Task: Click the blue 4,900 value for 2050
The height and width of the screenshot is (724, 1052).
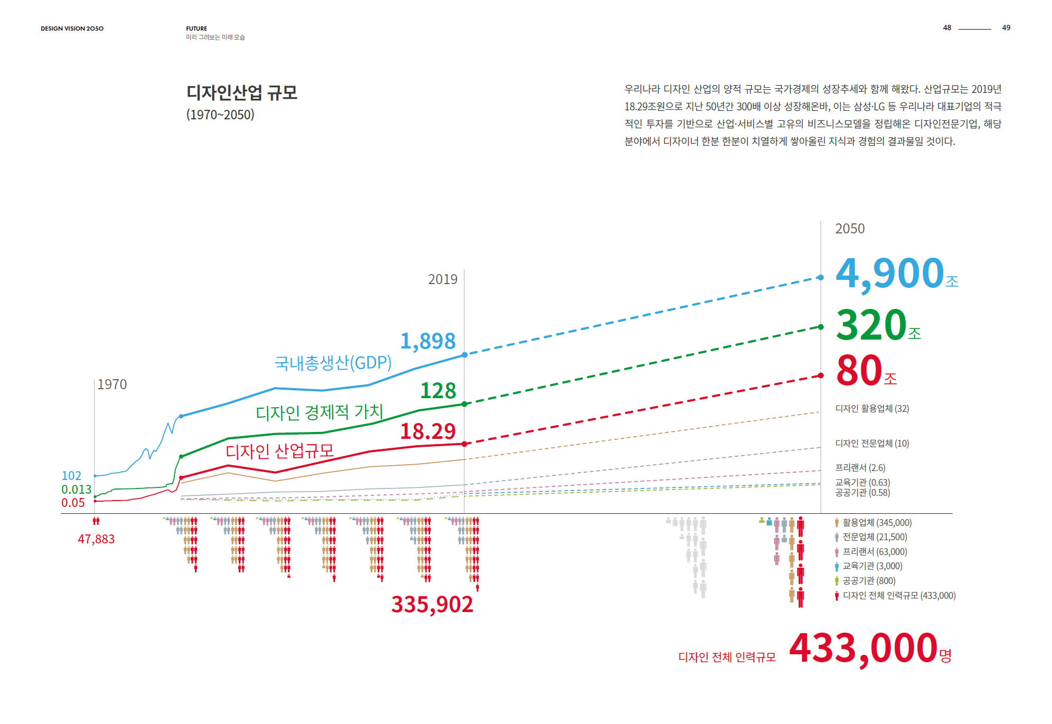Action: (x=890, y=274)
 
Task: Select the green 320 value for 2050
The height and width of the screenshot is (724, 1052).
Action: (x=871, y=325)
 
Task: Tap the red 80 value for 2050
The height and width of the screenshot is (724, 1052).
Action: (x=859, y=371)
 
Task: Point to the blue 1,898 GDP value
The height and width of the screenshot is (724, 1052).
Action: (x=427, y=342)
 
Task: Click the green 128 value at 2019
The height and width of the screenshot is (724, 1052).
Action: (x=437, y=391)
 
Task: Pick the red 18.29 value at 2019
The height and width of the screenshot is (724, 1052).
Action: (x=427, y=431)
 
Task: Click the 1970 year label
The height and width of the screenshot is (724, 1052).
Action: (x=112, y=384)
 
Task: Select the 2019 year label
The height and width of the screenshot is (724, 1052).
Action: (x=442, y=279)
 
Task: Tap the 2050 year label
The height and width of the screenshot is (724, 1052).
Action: (x=850, y=229)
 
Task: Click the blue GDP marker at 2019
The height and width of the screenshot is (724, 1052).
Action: (x=464, y=355)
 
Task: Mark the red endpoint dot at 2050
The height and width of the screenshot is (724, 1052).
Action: (x=821, y=375)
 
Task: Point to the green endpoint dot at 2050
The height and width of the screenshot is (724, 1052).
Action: (x=821, y=327)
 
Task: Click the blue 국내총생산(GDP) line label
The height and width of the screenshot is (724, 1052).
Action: (x=333, y=363)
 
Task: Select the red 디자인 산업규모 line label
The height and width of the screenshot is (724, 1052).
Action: (x=280, y=451)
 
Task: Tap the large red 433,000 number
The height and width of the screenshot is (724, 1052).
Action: (x=863, y=648)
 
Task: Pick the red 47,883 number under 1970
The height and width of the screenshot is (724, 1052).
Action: (x=96, y=539)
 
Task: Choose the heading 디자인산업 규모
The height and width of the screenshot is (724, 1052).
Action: (x=241, y=93)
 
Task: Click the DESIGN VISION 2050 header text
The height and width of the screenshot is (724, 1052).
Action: (x=72, y=29)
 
